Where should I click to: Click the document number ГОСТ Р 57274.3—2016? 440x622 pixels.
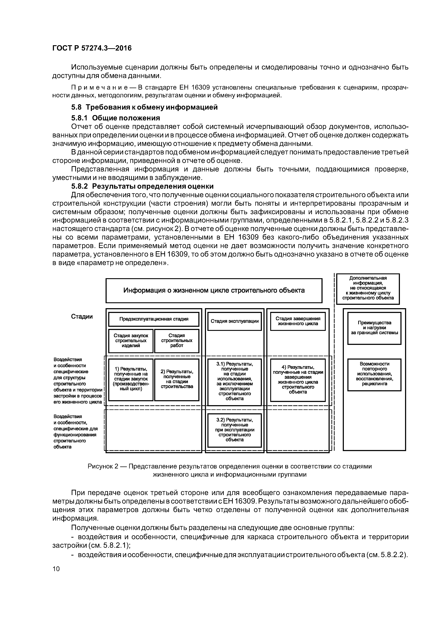click(x=92, y=48)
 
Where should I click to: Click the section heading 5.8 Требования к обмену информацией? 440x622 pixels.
click(x=144, y=107)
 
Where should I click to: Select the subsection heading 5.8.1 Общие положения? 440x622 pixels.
click(x=115, y=118)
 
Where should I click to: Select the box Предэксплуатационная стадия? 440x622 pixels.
click(x=154, y=319)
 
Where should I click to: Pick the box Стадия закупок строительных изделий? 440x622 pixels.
click(x=131, y=341)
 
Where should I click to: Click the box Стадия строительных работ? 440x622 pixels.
click(x=177, y=341)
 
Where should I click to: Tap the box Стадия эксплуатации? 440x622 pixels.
click(x=235, y=321)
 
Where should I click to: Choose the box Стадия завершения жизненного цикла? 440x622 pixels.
click(x=298, y=321)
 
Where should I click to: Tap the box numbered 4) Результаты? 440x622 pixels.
click(x=298, y=380)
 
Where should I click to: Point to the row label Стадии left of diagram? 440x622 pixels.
click(x=82, y=317)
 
